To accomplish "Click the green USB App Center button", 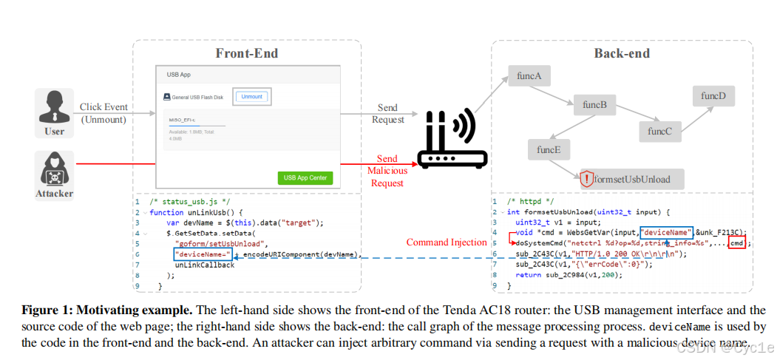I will pos(305,177).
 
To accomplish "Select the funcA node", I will pos(530,75).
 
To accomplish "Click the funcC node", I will pos(660,132).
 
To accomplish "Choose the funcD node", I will pos(713,96).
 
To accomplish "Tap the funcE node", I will pos(549,150).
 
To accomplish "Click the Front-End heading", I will pos(246,53).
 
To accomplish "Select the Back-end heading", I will pos(622,53).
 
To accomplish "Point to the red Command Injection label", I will pos(447,242).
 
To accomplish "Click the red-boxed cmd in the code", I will pos(736,242).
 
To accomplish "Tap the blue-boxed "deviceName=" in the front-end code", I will pos(203,254).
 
